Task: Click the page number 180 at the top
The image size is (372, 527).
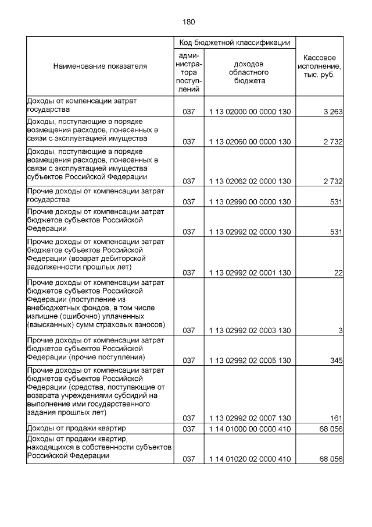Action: (x=188, y=22)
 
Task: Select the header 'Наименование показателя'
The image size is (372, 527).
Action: (x=100, y=66)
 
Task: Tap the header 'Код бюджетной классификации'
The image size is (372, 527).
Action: (x=234, y=43)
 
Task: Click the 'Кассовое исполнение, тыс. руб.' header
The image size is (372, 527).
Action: (x=319, y=67)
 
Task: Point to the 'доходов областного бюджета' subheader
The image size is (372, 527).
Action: (x=249, y=72)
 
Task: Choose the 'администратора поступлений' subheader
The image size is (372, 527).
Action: (x=188, y=72)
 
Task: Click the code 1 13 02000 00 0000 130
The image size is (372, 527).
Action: (x=249, y=112)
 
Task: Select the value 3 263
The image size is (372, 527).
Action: (x=332, y=112)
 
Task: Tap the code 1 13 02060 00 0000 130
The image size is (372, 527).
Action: (x=249, y=142)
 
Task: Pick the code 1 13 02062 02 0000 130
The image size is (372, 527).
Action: (x=249, y=181)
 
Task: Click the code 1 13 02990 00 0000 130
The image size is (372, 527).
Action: (x=249, y=201)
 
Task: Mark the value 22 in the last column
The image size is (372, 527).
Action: (x=338, y=272)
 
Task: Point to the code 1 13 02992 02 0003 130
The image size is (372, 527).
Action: (x=249, y=330)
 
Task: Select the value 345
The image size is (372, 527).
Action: (x=335, y=360)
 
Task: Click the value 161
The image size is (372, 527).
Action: (x=335, y=418)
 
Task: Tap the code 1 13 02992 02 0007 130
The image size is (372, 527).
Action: (x=249, y=418)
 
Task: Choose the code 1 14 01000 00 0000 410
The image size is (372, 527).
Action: (x=249, y=429)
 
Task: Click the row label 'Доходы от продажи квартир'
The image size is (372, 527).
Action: (x=73, y=429)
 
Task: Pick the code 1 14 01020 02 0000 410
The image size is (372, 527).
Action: (x=249, y=459)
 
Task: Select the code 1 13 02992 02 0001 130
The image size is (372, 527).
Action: (x=249, y=272)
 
